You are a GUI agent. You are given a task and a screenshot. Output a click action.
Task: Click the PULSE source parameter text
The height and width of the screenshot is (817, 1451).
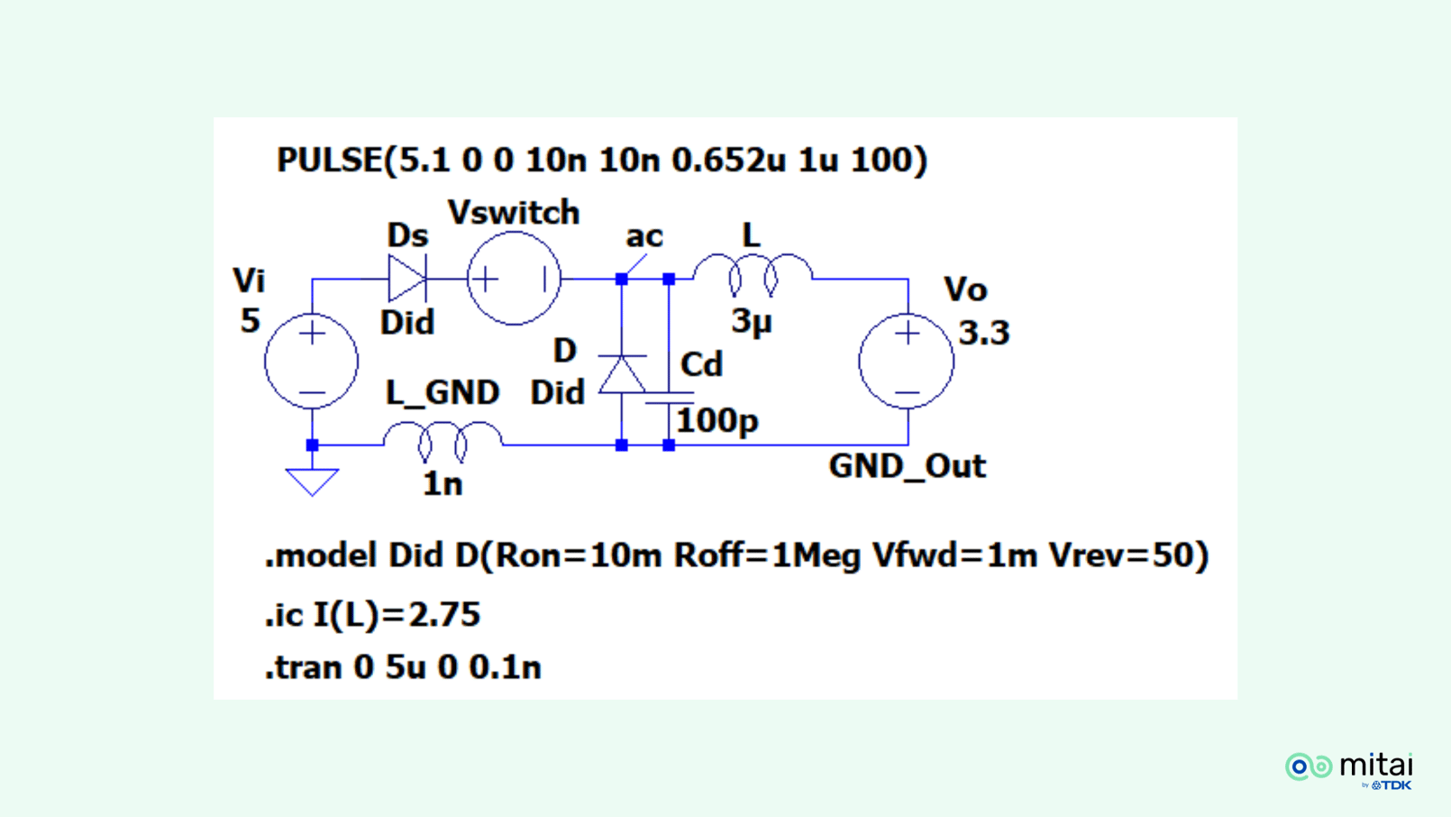(601, 161)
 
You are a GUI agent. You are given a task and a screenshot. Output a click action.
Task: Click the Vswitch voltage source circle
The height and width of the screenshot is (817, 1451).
(514, 279)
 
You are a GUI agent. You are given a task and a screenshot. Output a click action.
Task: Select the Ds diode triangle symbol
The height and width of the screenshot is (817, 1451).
(406, 279)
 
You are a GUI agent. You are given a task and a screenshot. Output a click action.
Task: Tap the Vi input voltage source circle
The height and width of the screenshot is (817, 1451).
(312, 362)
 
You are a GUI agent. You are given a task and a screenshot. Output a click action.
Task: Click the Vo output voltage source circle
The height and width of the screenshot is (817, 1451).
(907, 362)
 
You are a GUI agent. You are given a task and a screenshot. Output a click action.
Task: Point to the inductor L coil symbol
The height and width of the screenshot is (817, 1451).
(753, 274)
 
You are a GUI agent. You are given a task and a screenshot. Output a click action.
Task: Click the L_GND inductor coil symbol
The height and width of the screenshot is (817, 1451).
(443, 440)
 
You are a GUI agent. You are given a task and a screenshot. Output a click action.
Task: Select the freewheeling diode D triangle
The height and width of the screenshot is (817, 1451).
(622, 374)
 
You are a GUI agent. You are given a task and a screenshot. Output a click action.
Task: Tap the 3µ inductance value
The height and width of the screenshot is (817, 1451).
(752, 321)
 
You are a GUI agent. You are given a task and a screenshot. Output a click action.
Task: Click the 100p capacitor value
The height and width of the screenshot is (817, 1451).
(717, 420)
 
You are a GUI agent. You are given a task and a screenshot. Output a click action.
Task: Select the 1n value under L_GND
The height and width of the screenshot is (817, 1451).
(443, 484)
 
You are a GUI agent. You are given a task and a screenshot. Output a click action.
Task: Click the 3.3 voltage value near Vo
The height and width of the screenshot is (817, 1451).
(983, 333)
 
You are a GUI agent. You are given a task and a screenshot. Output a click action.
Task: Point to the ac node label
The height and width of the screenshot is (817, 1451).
(643, 236)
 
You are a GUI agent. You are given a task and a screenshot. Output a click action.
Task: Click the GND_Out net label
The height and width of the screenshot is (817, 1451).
(907, 466)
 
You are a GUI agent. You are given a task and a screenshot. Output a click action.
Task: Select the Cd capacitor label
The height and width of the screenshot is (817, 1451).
(701, 365)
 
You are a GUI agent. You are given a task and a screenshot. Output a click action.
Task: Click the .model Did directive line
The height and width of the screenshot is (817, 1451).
(735, 555)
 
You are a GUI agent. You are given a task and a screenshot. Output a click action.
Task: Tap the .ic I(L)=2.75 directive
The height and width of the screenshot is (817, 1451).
(372, 615)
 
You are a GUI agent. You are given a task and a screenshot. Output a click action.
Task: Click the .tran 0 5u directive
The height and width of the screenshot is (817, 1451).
(403, 668)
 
